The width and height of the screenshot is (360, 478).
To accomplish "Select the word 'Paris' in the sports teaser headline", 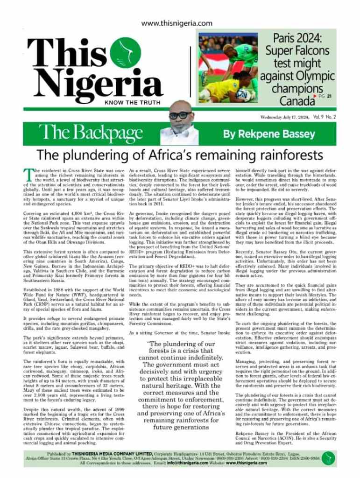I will (289, 38).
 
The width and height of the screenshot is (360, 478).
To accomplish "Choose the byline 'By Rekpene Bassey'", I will (262, 134).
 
